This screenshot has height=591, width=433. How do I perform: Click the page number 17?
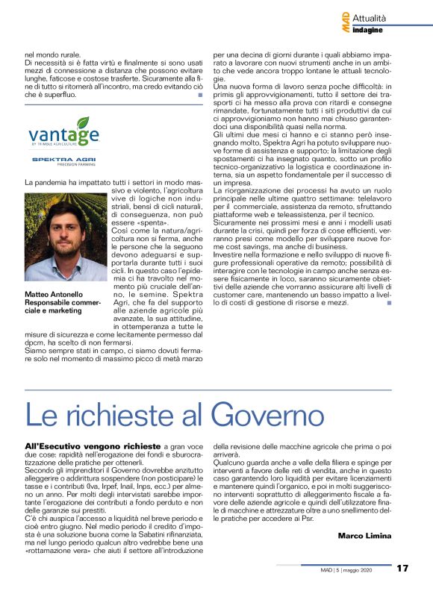pyautogui.click(x=402, y=568)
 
